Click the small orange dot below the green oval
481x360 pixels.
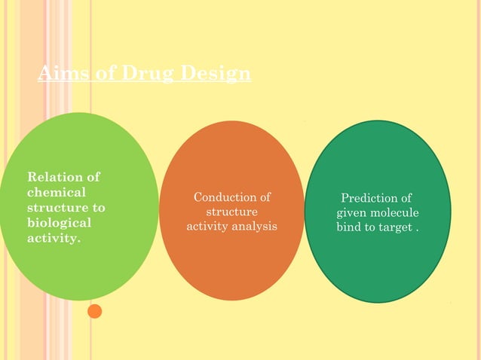pos(94,310)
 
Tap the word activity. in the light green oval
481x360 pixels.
pos(54,238)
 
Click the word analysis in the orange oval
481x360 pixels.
pos(253,226)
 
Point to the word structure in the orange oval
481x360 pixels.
pos(231,212)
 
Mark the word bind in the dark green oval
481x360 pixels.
pos(349,227)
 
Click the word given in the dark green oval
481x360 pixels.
pos(351,212)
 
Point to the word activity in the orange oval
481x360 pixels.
pos(207,226)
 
